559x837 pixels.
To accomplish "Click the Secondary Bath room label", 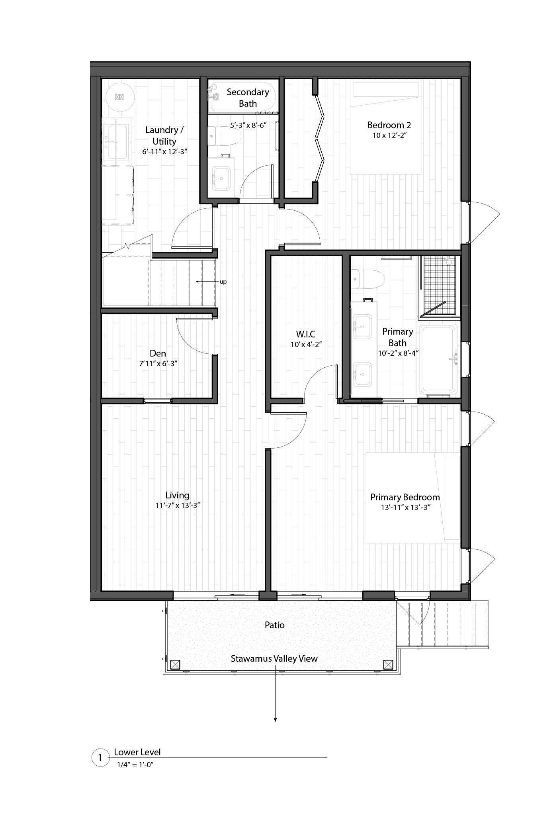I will pyautogui.click(x=248, y=98).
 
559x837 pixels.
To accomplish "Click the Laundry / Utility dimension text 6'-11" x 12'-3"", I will pyautogui.click(x=164, y=152).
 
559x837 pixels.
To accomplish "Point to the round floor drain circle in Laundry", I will pyautogui.click(x=120, y=97).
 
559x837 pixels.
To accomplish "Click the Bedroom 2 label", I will pyautogui.click(x=389, y=125).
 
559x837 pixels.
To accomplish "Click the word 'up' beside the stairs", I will pyautogui.click(x=223, y=282).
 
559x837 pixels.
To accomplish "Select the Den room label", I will pyautogui.click(x=158, y=353).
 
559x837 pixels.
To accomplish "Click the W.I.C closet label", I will pyautogui.click(x=306, y=334).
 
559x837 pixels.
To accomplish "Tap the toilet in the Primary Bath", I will pyautogui.click(x=367, y=279).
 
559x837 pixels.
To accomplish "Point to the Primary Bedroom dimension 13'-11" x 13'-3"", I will pyautogui.click(x=406, y=508).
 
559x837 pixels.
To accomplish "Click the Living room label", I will pyautogui.click(x=177, y=495).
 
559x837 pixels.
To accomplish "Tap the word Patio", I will pyautogui.click(x=275, y=625).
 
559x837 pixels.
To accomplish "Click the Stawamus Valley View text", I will pyautogui.click(x=274, y=659).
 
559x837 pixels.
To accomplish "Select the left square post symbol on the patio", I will pyautogui.click(x=175, y=665).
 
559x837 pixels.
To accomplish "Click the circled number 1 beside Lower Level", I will pyautogui.click(x=100, y=758).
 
